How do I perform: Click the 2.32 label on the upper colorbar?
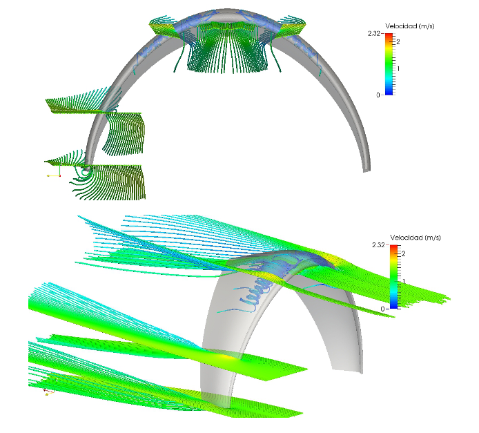pyautogui.click(x=374, y=33)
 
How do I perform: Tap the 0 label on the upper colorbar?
pyautogui.click(x=378, y=95)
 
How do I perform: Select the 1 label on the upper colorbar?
pyautogui.click(x=398, y=69)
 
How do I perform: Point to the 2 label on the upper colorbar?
pyautogui.click(x=398, y=42)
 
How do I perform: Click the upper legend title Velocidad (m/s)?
pyautogui.click(x=410, y=26)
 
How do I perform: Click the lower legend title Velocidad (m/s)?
pyautogui.click(x=416, y=238)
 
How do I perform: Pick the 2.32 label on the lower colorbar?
pyautogui.click(x=378, y=244)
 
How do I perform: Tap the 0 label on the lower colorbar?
pyautogui.click(x=383, y=309)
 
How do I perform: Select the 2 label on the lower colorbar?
pyautogui.click(x=404, y=253)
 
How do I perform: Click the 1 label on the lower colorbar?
pyautogui.click(x=404, y=281)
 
